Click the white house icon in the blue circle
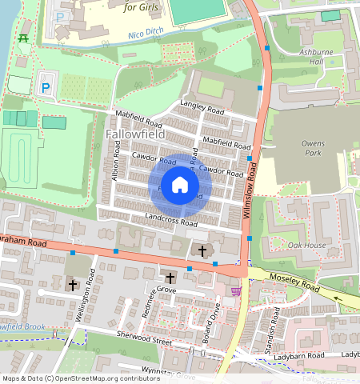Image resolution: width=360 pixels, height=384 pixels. point(180,185)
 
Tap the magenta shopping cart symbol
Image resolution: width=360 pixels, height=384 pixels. point(236,290)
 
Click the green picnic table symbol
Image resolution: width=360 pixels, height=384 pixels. point(23,38)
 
